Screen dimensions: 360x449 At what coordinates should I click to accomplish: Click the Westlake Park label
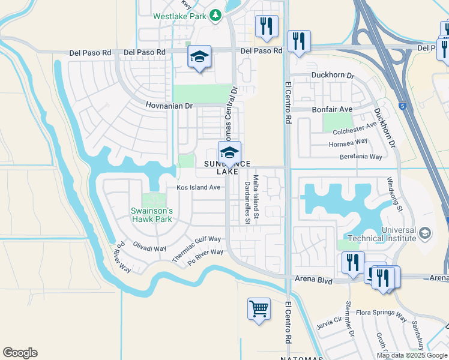coord(179,16)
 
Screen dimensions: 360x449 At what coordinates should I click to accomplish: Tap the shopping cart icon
coord(259,309)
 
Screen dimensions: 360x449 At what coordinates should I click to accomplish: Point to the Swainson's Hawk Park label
coord(152,215)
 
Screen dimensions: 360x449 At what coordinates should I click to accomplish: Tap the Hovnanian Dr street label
coord(169,106)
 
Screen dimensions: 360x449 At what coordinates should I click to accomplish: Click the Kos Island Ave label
coord(199,187)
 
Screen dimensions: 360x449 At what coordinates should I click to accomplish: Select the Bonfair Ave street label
coord(332,110)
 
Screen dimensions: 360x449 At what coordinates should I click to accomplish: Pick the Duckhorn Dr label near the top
coord(334,76)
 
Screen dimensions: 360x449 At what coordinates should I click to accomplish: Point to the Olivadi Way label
coord(149,248)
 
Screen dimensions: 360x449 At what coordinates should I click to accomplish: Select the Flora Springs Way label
coord(381,313)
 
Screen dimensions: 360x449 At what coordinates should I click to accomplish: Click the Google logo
coord(20,353)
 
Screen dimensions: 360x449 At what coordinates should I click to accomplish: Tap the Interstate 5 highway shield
coord(401,107)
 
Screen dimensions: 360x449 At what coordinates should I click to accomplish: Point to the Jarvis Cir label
coord(328,321)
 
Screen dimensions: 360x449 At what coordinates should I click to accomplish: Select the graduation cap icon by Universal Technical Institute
coord(425,232)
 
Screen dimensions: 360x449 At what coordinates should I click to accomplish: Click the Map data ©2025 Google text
coord(412,355)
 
